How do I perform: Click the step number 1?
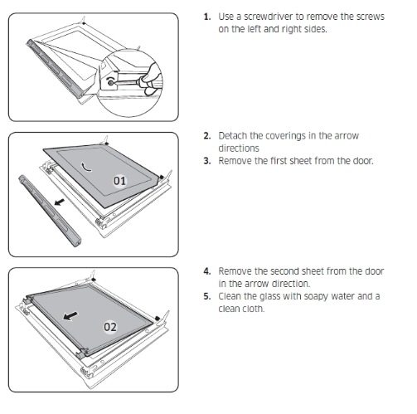[x=207, y=17]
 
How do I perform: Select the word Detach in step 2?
[x=232, y=136]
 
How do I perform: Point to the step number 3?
[x=207, y=161]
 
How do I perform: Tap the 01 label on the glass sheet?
[x=119, y=181]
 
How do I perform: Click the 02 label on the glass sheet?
[x=110, y=327]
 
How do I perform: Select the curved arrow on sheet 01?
[x=85, y=167]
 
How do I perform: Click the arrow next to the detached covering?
[x=60, y=202]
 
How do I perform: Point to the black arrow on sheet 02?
[x=70, y=315]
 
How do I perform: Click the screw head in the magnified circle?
[x=110, y=82]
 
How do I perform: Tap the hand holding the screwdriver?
[x=151, y=79]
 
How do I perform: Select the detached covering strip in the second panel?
[x=50, y=210]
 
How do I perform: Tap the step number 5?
[x=207, y=296]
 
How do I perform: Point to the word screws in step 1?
[x=371, y=17]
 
